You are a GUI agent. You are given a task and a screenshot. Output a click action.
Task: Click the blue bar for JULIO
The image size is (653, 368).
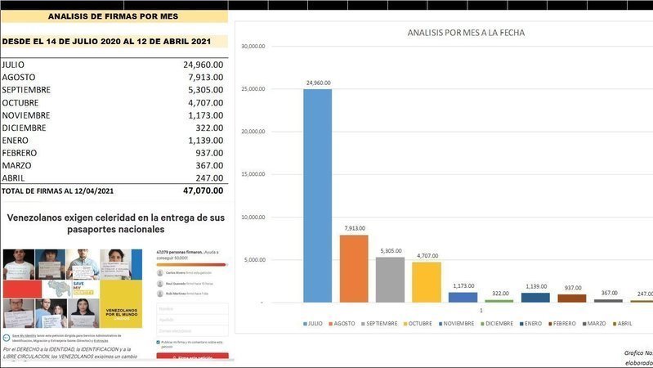317,196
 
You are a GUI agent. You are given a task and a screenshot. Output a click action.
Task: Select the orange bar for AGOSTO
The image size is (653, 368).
354,269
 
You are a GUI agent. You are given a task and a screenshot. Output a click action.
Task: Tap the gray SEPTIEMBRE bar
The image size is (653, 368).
390,280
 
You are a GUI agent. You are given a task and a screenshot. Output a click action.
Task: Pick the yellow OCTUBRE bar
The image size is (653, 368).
426,282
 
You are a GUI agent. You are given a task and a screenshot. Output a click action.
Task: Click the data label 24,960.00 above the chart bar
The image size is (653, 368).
317,83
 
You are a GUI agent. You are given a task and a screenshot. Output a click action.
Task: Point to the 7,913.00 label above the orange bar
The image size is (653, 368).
354,229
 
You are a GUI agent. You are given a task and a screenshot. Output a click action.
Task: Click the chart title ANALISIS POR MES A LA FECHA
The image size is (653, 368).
466,34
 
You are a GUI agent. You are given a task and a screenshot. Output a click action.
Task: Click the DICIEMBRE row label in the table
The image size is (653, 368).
24,128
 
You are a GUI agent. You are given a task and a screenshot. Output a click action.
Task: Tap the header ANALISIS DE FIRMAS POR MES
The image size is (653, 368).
114,16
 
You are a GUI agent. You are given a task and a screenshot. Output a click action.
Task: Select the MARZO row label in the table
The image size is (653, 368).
18,166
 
